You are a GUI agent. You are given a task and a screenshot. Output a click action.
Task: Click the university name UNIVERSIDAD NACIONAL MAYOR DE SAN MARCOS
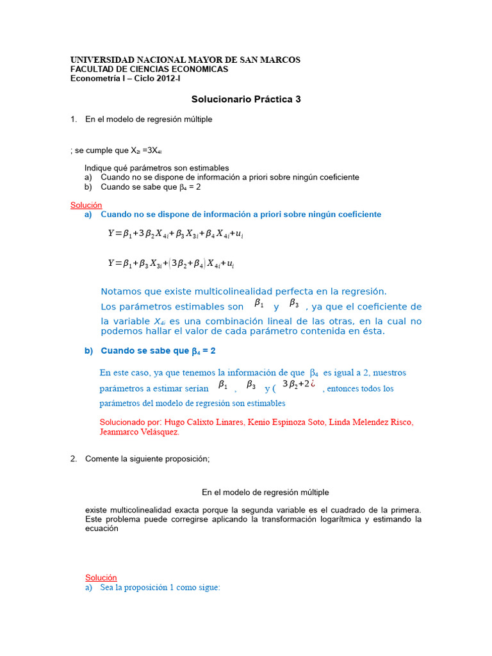[184, 60]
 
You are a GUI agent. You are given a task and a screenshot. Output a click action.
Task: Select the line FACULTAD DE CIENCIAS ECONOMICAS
[149, 69]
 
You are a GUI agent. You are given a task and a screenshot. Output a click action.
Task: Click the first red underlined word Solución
[86, 205]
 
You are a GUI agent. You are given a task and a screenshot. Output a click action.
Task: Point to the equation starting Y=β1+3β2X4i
[176, 234]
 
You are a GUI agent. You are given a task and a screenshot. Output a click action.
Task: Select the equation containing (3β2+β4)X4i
[176, 264]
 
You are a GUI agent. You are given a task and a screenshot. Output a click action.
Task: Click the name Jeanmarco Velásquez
[139, 432]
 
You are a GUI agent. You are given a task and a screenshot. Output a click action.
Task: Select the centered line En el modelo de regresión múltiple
[265, 492]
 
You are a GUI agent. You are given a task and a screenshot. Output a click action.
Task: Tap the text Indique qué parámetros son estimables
[157, 168]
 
